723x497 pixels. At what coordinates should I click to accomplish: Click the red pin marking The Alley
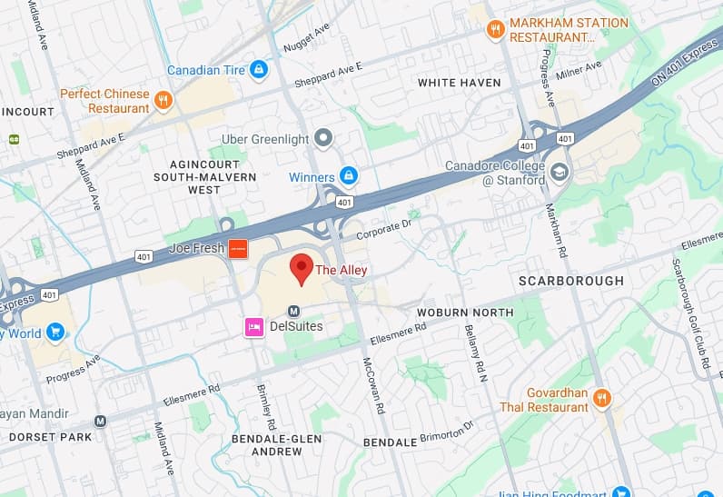[x=301, y=267]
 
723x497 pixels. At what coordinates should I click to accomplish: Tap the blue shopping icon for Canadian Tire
[x=259, y=69]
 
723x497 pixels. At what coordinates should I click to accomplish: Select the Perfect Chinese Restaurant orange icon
[x=163, y=101]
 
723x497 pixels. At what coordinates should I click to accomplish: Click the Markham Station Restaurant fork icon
[x=495, y=29]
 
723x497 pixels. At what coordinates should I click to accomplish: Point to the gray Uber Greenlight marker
[x=324, y=139]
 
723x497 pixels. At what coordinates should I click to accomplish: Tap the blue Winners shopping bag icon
[x=349, y=175]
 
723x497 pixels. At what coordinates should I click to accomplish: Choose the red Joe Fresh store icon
[x=237, y=248]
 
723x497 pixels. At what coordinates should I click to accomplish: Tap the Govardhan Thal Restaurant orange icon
[x=602, y=399]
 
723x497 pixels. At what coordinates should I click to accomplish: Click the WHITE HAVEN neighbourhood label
[x=459, y=83]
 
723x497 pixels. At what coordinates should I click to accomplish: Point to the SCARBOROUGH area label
[x=570, y=281]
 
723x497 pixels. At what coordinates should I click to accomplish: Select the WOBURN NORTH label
[x=465, y=313]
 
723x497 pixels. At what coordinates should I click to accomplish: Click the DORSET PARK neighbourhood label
[x=51, y=437]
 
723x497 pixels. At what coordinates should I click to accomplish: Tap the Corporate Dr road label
[x=383, y=227]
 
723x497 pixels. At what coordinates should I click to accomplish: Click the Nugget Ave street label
[x=309, y=36]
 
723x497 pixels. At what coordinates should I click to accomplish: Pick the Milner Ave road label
[x=580, y=70]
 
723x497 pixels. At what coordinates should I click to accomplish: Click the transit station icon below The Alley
[x=293, y=310]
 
